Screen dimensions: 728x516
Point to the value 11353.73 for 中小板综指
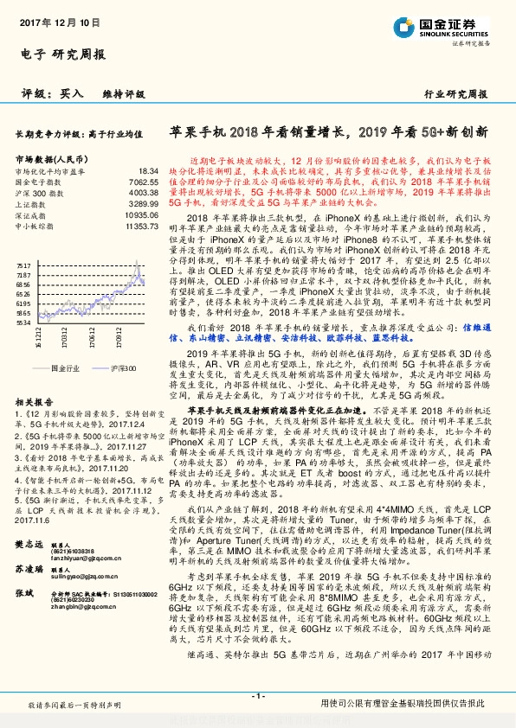142,225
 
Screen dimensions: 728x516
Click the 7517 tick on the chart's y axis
23,248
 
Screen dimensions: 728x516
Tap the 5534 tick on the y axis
23,321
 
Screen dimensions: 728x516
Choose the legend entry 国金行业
60,367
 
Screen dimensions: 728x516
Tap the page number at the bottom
257,696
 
